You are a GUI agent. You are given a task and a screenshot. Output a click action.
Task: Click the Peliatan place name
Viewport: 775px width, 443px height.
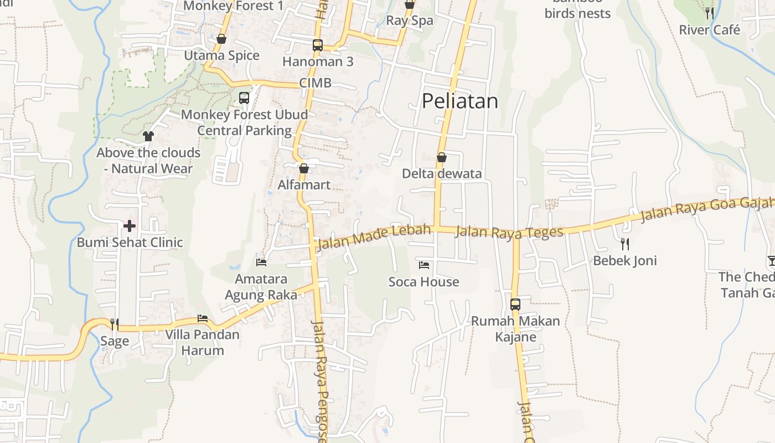pyautogui.click(x=460, y=101)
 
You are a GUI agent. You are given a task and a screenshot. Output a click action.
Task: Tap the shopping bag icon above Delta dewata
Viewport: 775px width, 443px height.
pyautogui.click(x=442, y=157)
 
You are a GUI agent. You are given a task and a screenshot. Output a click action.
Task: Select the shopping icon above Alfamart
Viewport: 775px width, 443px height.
pyautogui.click(x=303, y=168)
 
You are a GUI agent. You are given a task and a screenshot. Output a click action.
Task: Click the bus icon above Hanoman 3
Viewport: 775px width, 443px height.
pyautogui.click(x=318, y=45)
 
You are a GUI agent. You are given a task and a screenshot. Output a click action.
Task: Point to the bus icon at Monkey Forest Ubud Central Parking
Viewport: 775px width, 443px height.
pyautogui.click(x=244, y=98)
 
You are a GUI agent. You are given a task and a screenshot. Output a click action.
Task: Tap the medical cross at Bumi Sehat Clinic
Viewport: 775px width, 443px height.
pyautogui.click(x=130, y=226)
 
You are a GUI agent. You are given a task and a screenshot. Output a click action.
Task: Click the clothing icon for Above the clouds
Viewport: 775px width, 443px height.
pyautogui.click(x=148, y=136)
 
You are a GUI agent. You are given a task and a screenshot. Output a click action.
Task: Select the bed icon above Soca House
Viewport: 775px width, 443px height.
pyautogui.click(x=424, y=265)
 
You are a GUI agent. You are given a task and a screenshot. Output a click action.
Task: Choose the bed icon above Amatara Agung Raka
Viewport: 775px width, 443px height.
pyautogui.click(x=261, y=262)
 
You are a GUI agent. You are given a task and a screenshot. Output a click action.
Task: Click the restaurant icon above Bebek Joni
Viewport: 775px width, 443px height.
pyautogui.click(x=625, y=244)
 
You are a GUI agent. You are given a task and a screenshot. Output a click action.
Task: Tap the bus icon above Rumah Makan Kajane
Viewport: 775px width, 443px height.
pyautogui.click(x=515, y=304)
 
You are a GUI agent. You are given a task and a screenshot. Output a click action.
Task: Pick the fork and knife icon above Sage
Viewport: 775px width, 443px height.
pyautogui.click(x=115, y=324)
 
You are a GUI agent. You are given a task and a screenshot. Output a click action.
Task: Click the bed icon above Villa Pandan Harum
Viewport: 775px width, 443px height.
pyautogui.click(x=203, y=318)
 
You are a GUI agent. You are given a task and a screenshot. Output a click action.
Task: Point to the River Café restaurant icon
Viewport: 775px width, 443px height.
pyautogui.click(x=710, y=13)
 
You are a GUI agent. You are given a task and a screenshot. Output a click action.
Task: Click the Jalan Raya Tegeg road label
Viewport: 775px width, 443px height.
pyautogui.click(x=509, y=232)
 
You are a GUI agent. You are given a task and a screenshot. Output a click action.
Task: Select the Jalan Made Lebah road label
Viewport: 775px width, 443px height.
pyautogui.click(x=373, y=237)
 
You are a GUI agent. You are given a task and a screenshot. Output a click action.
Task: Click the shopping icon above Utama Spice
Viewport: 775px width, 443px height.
pyautogui.click(x=221, y=39)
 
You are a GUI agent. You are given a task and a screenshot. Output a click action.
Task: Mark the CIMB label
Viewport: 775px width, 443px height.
pyautogui.click(x=316, y=83)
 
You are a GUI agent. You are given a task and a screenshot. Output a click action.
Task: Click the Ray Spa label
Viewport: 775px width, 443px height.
pyautogui.click(x=410, y=20)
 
